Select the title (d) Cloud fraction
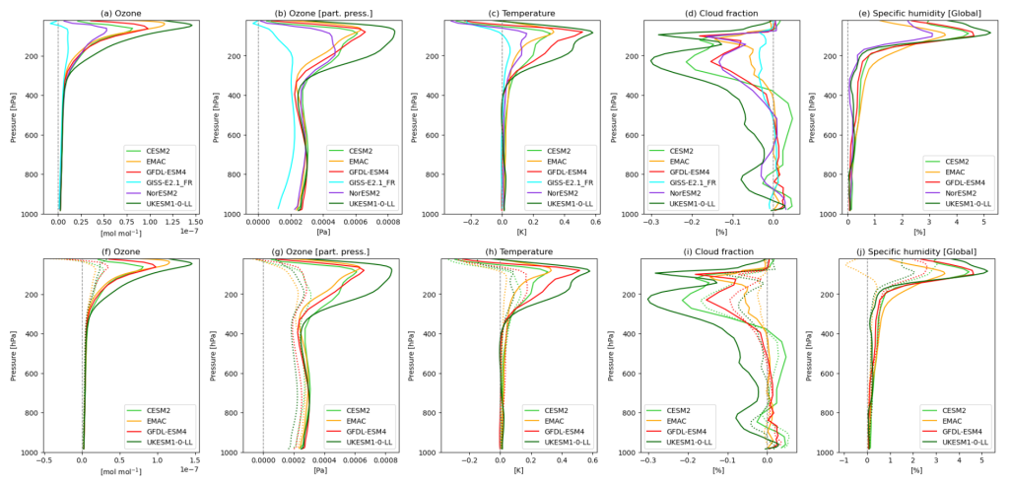click(x=706, y=12)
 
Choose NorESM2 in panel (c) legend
click(x=557, y=192)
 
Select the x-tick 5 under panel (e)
click(x=983, y=223)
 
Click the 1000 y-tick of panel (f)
click(x=33, y=452)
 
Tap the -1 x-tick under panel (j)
click(x=843, y=461)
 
